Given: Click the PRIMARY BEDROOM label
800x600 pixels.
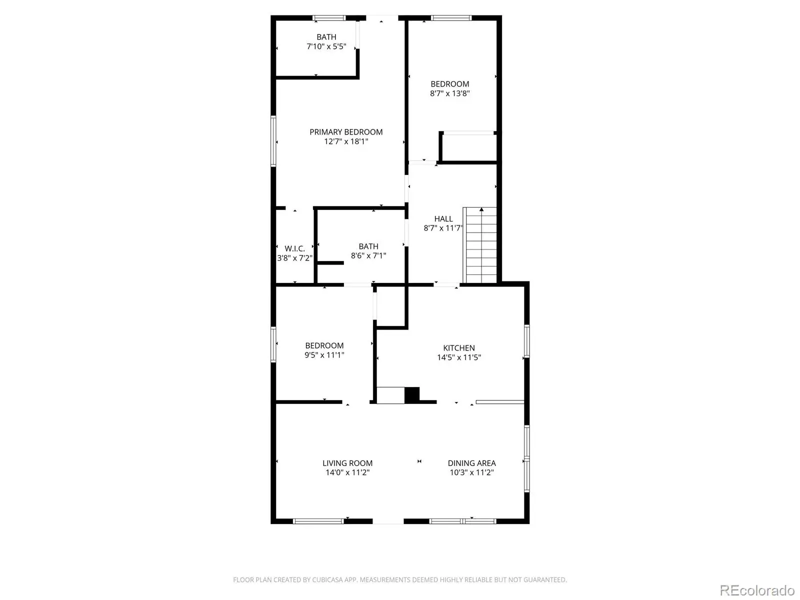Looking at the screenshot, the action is [x=346, y=132].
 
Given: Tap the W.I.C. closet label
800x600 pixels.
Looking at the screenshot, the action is [x=294, y=248].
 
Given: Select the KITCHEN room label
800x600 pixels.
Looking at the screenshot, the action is [x=459, y=348].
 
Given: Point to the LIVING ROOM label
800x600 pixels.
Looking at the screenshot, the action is [x=347, y=463].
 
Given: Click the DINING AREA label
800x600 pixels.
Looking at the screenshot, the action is [x=471, y=463].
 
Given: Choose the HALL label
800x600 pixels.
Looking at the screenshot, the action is [x=443, y=219].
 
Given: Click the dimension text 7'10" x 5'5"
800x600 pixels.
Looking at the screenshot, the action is [x=326, y=46].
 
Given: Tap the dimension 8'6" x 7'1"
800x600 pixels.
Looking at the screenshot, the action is [x=368, y=255].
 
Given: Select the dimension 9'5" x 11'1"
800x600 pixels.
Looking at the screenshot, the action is [x=324, y=355].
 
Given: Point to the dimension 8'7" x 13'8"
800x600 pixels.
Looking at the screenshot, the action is [x=449, y=93].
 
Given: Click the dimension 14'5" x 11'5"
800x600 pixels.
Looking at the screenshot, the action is [x=459, y=357].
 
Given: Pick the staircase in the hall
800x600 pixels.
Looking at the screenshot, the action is [x=479, y=245].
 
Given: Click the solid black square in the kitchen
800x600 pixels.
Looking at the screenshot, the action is [x=412, y=395].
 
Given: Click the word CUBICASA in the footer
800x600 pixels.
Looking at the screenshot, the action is [x=327, y=579].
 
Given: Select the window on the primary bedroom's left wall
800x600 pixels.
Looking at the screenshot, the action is [x=273, y=141].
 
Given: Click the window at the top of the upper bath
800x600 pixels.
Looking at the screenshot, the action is [x=328, y=18].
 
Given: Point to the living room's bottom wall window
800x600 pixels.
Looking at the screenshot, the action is [x=318, y=521].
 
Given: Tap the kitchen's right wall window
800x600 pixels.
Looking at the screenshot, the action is [x=526, y=341].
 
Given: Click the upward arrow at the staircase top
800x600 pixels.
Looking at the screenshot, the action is [x=481, y=209].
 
